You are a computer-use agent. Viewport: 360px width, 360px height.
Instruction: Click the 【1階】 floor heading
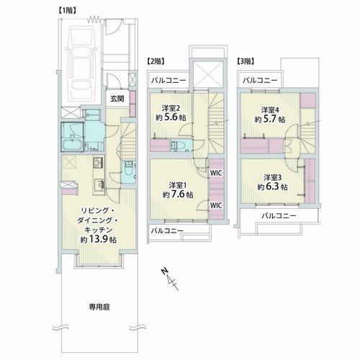[68, 11]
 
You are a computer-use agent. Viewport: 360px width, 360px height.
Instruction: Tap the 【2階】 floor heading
[156, 61]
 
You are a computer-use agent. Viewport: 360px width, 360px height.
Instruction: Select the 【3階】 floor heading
[246, 61]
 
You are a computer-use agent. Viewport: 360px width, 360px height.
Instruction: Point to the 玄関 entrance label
[117, 99]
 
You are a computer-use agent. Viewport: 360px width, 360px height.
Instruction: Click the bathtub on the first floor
[72, 144]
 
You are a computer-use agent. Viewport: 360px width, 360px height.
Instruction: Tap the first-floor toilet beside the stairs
[129, 170]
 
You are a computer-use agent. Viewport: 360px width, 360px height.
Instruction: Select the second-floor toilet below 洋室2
[178, 145]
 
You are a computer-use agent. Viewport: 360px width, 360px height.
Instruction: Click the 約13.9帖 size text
[99, 240]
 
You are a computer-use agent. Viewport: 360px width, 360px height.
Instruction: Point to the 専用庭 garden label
[99, 307]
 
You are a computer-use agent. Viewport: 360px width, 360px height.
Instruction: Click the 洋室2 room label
[171, 108]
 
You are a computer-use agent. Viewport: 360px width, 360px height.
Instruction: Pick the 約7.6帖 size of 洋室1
[178, 194]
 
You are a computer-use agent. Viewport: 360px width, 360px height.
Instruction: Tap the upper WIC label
[216, 173]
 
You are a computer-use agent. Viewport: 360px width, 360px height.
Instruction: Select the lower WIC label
[216, 205]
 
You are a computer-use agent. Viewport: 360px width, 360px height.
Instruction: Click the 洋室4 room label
[270, 110]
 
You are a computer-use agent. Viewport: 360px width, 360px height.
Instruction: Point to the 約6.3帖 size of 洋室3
[272, 187]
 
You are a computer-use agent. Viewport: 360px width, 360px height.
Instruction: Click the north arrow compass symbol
[171, 279]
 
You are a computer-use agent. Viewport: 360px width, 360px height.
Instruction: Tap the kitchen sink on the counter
[99, 185]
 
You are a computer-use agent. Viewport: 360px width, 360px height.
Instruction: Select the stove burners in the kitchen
[98, 163]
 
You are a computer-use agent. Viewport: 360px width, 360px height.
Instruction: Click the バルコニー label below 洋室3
[279, 216]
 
